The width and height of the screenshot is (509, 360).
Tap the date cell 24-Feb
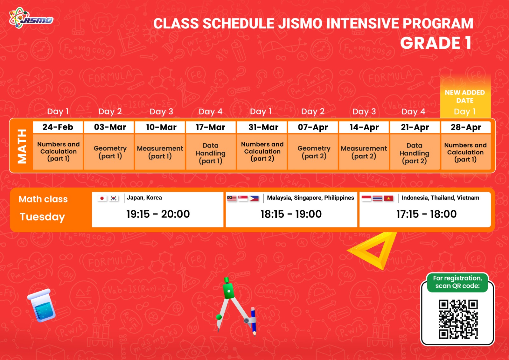click(x=58, y=127)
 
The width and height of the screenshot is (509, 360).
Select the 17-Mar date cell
click(x=211, y=127)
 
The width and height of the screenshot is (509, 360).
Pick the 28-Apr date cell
click(x=466, y=127)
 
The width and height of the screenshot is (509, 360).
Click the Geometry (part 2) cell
click(x=314, y=152)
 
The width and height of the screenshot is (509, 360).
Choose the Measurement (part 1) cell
click(x=160, y=152)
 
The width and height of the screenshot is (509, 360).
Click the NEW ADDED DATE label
click(x=465, y=96)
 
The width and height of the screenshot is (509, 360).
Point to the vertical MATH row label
click(x=22, y=146)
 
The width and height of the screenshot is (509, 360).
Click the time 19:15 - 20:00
click(x=158, y=214)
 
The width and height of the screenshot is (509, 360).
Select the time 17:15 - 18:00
click(x=426, y=214)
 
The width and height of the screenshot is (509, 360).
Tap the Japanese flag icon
click(x=102, y=198)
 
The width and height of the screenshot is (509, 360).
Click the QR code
click(x=458, y=319)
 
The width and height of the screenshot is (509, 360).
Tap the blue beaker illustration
click(x=42, y=306)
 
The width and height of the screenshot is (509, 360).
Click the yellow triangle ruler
click(x=373, y=250)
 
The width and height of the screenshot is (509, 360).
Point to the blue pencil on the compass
click(x=254, y=321)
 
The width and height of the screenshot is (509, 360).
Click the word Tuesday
click(x=42, y=217)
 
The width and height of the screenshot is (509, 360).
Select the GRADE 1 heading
click(x=436, y=43)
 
